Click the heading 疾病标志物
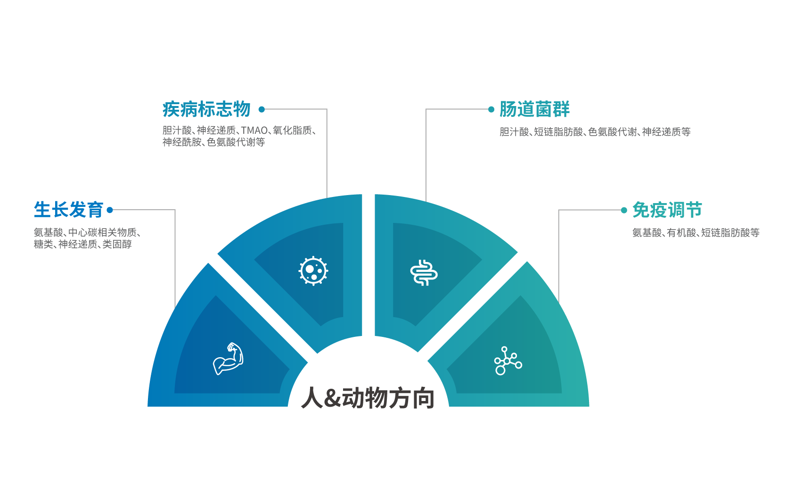coord(206,109)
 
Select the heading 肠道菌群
coord(534,109)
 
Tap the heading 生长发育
coord(68,210)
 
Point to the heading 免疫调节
coord(667,210)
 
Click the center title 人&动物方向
coord(368,398)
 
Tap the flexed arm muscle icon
coord(228,359)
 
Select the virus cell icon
coord(313,271)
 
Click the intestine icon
coord(424,273)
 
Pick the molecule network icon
coord(508,361)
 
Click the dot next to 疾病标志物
coord(262,109)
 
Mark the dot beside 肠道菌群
coord(491,109)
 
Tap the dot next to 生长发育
coord(110,210)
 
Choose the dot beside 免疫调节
coord(624,210)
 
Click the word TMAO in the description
coord(254,131)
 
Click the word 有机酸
coord(681,232)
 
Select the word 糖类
coord(43,244)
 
